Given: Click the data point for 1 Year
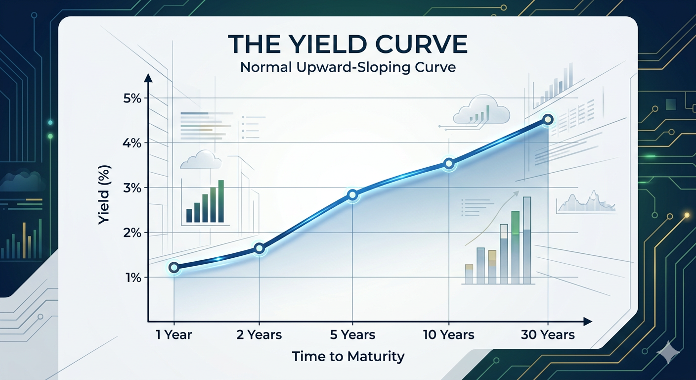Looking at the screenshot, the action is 174,267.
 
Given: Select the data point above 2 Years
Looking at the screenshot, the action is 259,248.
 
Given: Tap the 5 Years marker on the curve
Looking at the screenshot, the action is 352,195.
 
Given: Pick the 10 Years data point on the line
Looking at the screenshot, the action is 449,163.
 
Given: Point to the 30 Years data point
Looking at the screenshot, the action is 548,119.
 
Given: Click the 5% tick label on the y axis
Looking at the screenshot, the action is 132,98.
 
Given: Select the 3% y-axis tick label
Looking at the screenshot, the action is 132,188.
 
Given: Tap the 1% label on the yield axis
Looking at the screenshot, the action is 133,278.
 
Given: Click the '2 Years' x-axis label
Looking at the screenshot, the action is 259,335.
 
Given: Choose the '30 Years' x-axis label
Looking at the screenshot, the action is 548,335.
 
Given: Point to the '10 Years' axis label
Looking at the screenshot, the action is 449,335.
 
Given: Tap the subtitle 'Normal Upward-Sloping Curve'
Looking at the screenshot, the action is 348,68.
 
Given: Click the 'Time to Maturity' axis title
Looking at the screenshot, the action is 348,356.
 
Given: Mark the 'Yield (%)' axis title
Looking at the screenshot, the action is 105,194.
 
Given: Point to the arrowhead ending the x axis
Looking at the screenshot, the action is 588,322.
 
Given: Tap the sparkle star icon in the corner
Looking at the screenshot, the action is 668,352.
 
